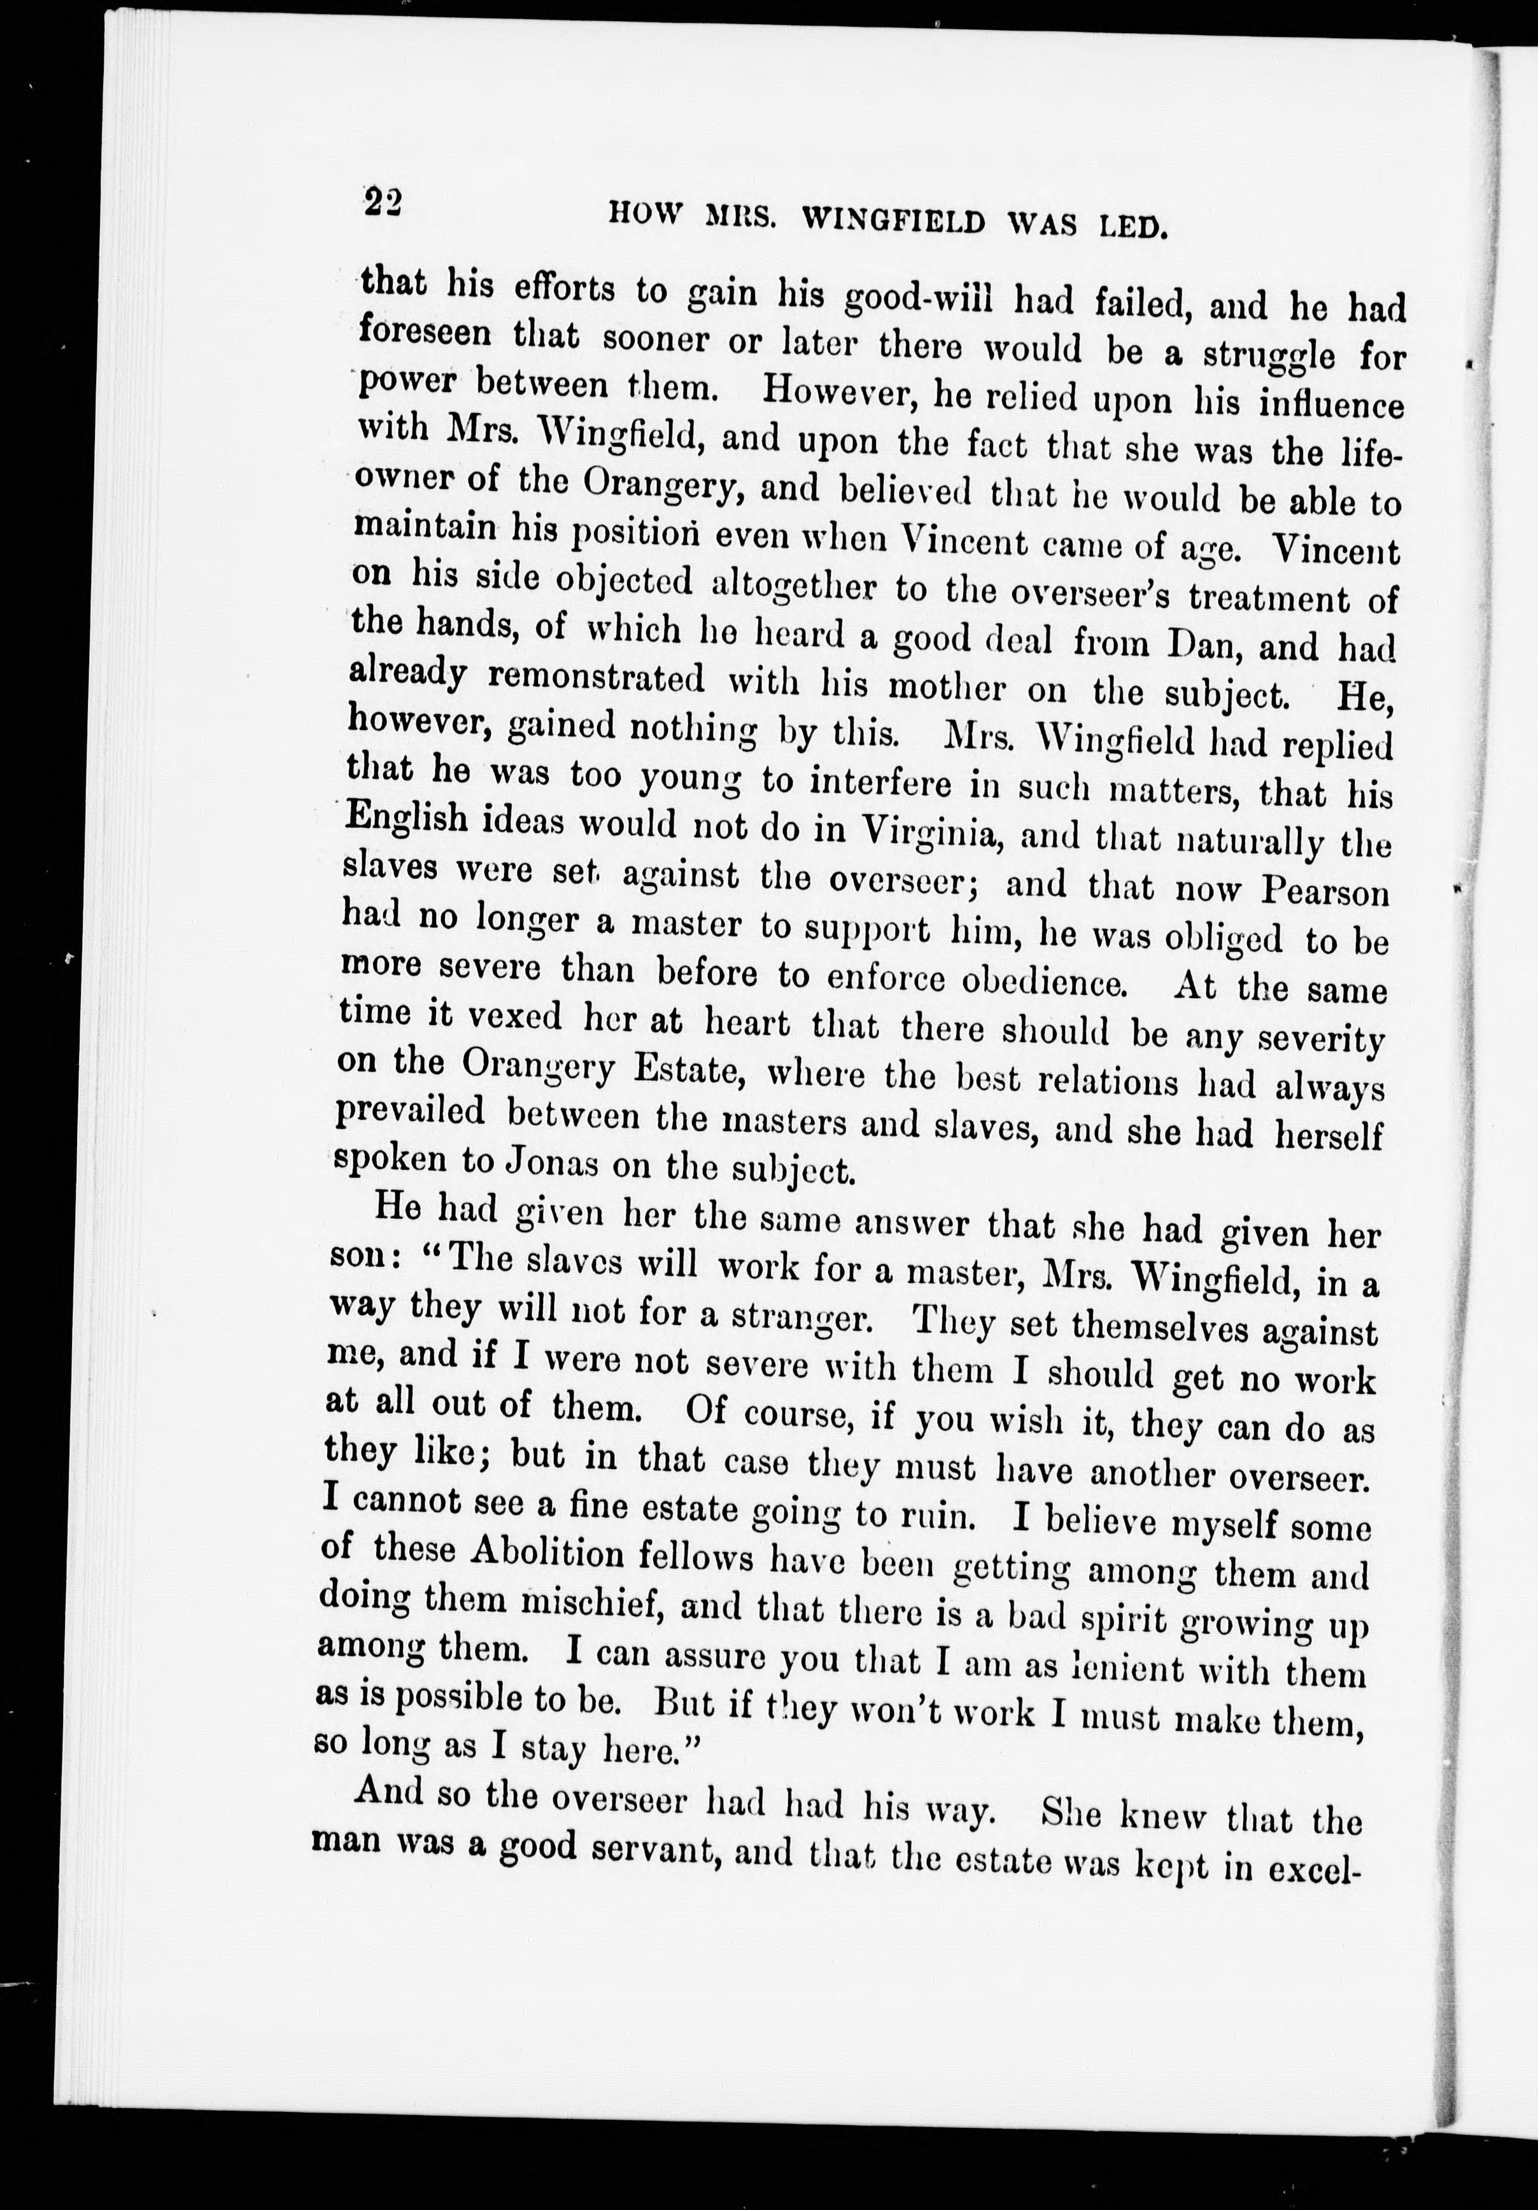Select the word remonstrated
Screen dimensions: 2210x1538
(596, 678)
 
